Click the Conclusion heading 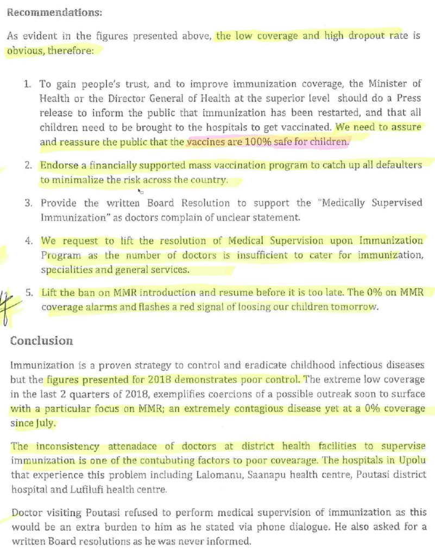coord(41,341)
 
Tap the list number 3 coord(28,203)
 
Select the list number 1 coord(28,84)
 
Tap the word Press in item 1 coord(409,99)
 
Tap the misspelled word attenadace coord(129,446)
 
